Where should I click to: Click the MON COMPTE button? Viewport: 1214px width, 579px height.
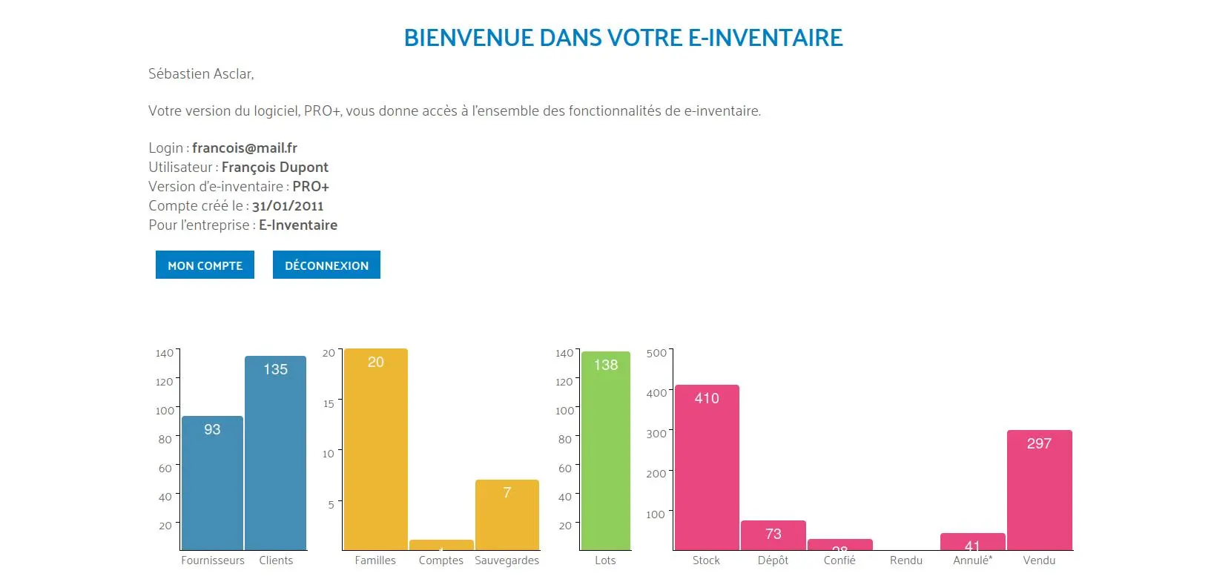(205, 265)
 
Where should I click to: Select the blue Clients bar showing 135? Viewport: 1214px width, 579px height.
(276, 452)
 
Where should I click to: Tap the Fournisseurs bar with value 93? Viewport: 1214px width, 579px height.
(212, 483)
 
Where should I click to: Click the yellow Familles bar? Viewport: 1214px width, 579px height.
(375, 449)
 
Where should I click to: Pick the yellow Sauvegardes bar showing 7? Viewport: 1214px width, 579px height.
(507, 515)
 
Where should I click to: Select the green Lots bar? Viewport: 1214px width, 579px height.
(606, 450)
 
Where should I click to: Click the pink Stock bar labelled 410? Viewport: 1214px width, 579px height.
(707, 467)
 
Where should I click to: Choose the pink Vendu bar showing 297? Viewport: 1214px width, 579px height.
(1039, 490)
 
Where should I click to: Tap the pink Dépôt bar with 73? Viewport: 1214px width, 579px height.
(773, 535)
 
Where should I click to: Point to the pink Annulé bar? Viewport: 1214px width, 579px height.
(972, 542)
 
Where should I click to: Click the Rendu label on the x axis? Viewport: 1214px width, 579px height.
(906, 560)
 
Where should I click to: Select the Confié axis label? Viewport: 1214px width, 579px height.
(839, 560)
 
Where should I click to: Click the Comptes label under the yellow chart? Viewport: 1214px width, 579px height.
(441, 560)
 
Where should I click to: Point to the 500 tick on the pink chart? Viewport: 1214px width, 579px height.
(656, 353)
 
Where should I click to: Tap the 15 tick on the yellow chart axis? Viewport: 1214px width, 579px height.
(329, 404)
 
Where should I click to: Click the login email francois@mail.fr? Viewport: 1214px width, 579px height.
(245, 148)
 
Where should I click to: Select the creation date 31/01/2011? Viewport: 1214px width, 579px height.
(288, 206)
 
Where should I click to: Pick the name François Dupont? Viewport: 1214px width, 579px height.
(275, 168)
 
